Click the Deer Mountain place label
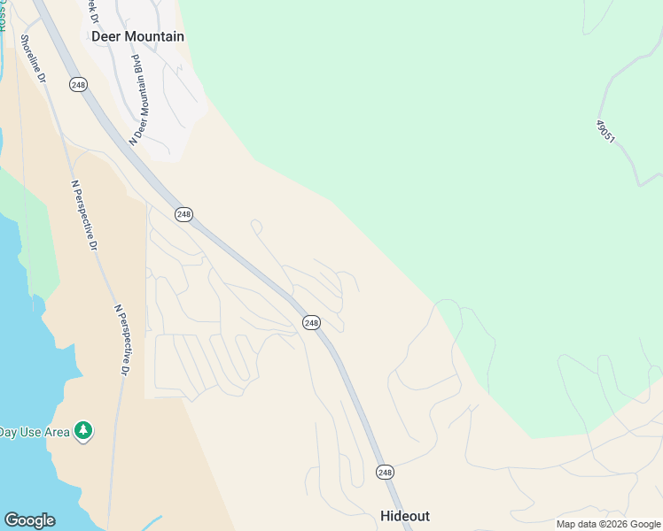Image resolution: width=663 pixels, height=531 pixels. point(137,36)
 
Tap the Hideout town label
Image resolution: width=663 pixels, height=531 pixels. point(405,516)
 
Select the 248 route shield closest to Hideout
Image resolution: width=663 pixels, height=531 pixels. point(384,473)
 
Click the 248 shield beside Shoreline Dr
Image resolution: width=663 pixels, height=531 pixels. point(78,84)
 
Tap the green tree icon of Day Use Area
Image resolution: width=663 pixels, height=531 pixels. point(84,431)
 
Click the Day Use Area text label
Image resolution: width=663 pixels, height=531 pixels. point(34,432)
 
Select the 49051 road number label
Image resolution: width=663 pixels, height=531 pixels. point(604,132)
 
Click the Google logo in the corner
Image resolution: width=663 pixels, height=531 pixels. point(29,520)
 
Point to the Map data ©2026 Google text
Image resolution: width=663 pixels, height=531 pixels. point(608,524)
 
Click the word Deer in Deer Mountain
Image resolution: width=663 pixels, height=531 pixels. point(105,36)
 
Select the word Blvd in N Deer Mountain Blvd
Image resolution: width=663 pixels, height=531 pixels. point(137,64)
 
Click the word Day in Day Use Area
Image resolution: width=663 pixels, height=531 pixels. point(8,432)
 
